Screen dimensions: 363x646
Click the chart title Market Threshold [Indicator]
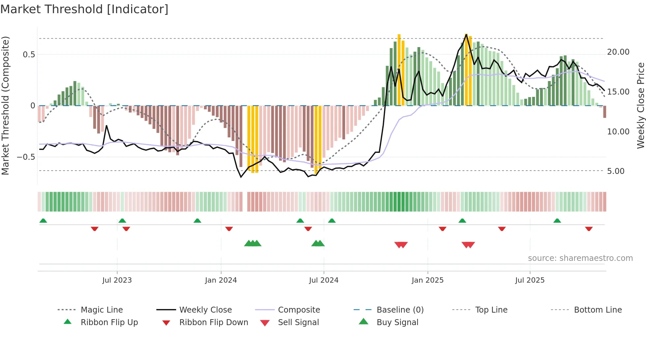click(x=84, y=9)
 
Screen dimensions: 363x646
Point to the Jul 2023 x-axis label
click(x=117, y=280)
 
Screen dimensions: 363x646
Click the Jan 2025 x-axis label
click(x=427, y=280)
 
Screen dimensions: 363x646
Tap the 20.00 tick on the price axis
click(x=618, y=52)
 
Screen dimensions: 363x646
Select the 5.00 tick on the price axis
click(x=616, y=171)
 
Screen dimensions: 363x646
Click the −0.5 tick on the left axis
click(x=26, y=157)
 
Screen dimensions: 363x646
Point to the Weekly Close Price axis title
click(x=640, y=105)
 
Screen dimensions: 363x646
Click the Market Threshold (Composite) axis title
click(x=5, y=105)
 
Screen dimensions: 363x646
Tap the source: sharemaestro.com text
click(x=580, y=258)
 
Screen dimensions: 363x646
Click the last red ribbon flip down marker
click(x=589, y=229)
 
